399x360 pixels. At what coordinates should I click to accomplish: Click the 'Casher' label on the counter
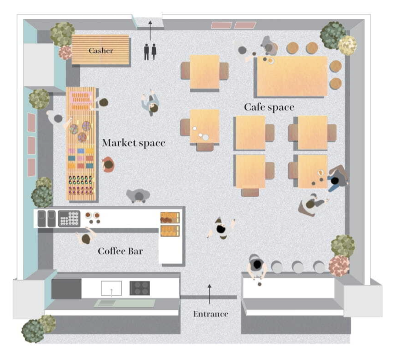[x=101, y=51]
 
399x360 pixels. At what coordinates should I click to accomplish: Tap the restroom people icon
[x=150, y=51]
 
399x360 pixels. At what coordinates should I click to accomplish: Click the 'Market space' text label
[x=134, y=143]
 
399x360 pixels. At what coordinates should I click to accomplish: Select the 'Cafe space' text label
[x=269, y=107]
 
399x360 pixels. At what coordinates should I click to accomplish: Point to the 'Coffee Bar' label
[x=120, y=251]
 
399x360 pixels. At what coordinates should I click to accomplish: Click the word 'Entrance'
[x=211, y=314]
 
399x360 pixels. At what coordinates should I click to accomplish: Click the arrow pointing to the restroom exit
[x=150, y=31]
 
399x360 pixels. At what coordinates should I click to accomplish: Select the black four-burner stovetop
[x=140, y=288]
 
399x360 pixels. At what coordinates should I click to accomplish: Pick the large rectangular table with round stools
[x=292, y=76]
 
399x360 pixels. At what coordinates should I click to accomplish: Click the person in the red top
[x=108, y=165]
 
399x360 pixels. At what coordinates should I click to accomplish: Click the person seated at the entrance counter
[x=257, y=267]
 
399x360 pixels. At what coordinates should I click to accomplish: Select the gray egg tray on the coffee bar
[x=69, y=218]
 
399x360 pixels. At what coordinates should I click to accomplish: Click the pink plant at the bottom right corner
[x=339, y=266]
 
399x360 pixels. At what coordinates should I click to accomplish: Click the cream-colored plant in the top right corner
[x=347, y=45]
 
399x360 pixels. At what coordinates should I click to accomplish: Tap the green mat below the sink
[x=125, y=303]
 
